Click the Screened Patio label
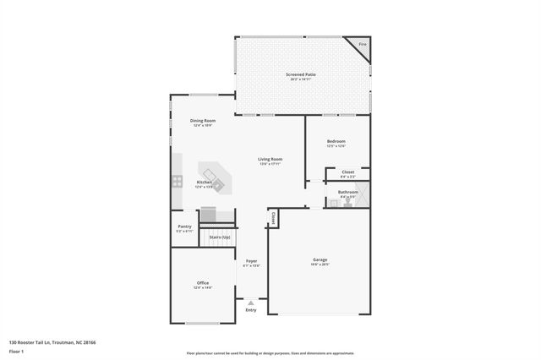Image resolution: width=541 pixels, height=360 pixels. tap(300, 76)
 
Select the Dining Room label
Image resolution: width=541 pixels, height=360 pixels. tap(203, 121)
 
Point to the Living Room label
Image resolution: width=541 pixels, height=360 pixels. tap(270, 159)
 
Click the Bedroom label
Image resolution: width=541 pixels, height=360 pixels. tap(336, 141)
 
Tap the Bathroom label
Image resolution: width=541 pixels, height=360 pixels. tap(348, 192)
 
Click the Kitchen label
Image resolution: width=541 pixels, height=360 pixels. tap(204, 183)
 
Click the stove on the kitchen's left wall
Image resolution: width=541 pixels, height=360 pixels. tap(178, 180)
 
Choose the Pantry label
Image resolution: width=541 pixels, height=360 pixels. tap(184, 226)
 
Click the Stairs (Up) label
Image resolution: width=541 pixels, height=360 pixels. tap(220, 237)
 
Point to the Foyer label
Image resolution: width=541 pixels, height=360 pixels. tap(251, 261)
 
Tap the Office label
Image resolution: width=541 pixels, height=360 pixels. tap(203, 283)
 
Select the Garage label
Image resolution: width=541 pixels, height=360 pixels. tap(320, 259)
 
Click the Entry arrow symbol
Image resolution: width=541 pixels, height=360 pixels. tap(251, 302)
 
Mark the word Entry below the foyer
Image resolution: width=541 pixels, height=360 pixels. tap(251, 310)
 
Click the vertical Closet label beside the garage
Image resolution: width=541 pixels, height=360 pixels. tap(273, 218)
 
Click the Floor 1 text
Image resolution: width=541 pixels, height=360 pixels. tap(17, 351)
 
